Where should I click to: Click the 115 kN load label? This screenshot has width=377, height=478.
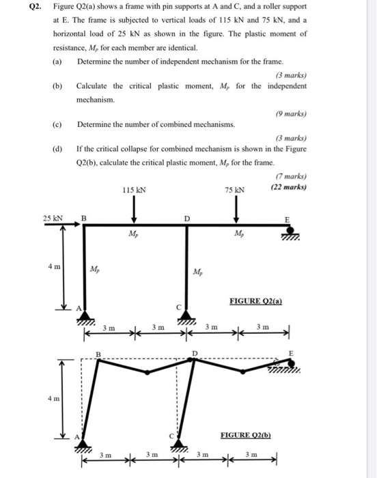coord(134,190)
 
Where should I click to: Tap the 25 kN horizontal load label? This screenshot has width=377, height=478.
coord(53,219)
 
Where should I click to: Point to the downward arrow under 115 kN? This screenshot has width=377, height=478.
coord(135,208)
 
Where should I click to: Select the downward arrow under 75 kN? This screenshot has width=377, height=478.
coord(236,208)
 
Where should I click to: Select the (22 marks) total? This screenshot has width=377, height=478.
coord(289,187)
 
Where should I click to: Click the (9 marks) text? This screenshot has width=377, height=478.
coord(291,113)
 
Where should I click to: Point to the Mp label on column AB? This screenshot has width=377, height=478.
coord(97,270)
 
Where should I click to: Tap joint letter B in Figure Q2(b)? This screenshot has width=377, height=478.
coord(97,353)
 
